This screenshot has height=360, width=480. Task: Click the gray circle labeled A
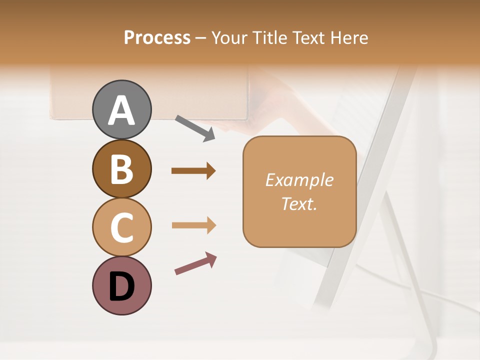[121, 109]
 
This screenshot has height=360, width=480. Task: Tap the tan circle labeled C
[121, 227]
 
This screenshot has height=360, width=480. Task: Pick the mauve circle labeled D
[121, 285]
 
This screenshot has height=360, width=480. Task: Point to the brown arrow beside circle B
[193, 171]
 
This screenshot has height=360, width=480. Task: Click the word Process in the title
[157, 38]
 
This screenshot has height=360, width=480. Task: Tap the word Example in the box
[299, 180]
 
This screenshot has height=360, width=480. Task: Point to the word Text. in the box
[299, 204]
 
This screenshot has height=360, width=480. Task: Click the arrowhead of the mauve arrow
[210, 258]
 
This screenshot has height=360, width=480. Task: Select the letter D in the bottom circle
[121, 286]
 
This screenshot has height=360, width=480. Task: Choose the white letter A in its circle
[121, 110]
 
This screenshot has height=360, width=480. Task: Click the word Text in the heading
[307, 38]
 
